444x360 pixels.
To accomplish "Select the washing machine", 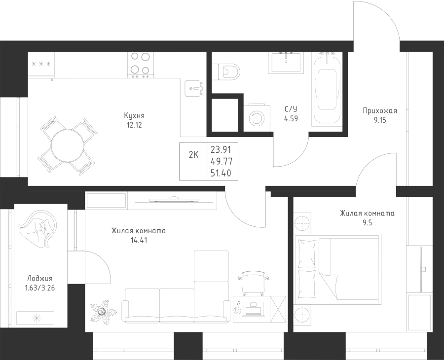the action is (257, 118).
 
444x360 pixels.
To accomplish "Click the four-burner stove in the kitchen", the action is (141, 65).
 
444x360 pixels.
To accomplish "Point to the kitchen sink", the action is (194, 88).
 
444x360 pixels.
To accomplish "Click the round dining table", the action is (68, 146).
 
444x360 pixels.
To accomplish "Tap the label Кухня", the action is (134, 115).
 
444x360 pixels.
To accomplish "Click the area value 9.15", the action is (380, 120).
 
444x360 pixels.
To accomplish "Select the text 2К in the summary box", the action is (194, 155).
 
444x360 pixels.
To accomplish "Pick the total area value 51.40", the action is (221, 173).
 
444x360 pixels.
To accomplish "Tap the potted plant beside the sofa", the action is (103, 312).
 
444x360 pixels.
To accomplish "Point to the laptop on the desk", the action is (254, 309).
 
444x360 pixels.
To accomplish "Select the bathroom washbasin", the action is (286, 62).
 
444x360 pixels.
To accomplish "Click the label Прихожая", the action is (380, 110).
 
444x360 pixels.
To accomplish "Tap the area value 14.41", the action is (139, 241).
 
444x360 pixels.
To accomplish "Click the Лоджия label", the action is (40, 279).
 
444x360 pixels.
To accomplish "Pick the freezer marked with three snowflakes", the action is (41, 64).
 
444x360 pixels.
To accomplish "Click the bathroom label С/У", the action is (291, 109).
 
